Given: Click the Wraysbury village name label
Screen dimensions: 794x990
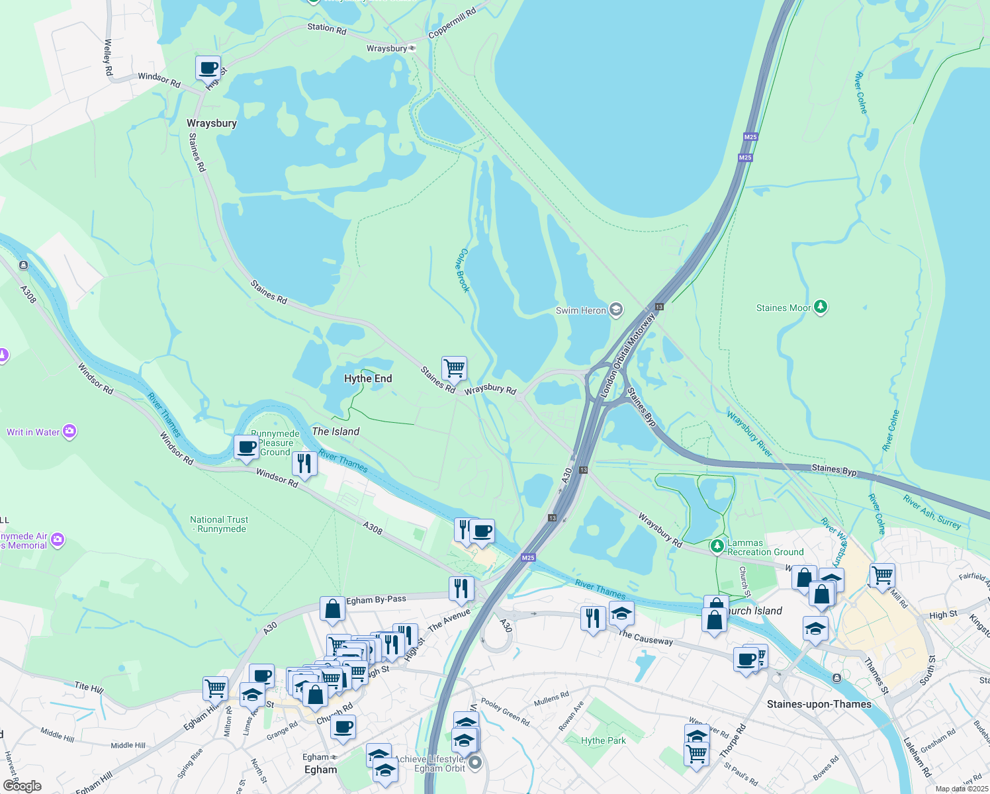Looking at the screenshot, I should [211, 123].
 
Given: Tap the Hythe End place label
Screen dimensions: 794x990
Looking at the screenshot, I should [368, 378].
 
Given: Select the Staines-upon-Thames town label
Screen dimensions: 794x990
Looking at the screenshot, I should [819, 704].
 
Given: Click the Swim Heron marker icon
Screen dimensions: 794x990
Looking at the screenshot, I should [616, 310].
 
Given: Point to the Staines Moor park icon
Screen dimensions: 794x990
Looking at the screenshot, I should [821, 307].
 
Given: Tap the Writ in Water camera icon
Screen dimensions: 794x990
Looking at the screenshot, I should [69, 432].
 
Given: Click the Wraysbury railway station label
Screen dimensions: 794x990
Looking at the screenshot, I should [387, 48].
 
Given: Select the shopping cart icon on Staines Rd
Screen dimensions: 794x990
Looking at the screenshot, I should [454, 367].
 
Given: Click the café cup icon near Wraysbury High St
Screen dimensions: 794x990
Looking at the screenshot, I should [208, 67].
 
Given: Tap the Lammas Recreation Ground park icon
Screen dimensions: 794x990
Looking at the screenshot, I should [717, 547].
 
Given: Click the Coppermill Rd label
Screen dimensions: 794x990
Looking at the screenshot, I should [452, 23].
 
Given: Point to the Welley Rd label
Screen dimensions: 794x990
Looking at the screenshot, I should [108, 57].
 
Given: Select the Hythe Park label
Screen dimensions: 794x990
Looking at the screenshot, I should [603, 740].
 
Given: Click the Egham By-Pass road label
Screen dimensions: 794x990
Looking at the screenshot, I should [376, 599].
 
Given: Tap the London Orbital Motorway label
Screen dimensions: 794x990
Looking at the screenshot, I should [627, 355].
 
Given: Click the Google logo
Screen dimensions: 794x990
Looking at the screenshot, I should [22, 785].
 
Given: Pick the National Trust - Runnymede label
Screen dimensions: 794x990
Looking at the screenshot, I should [219, 524].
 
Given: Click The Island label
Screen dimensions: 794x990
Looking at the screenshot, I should [336, 431].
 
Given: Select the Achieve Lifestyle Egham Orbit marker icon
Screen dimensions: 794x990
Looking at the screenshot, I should [475, 764].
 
